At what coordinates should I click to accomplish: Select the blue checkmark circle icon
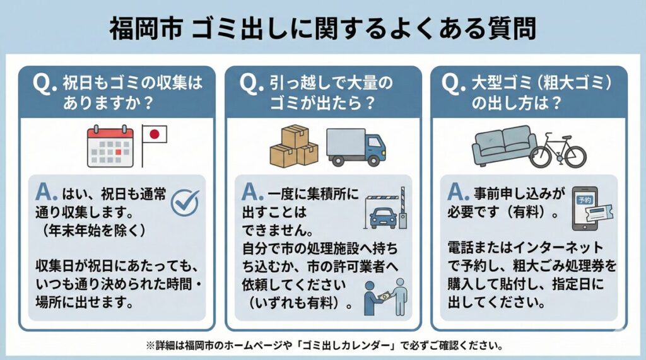click(185, 202)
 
